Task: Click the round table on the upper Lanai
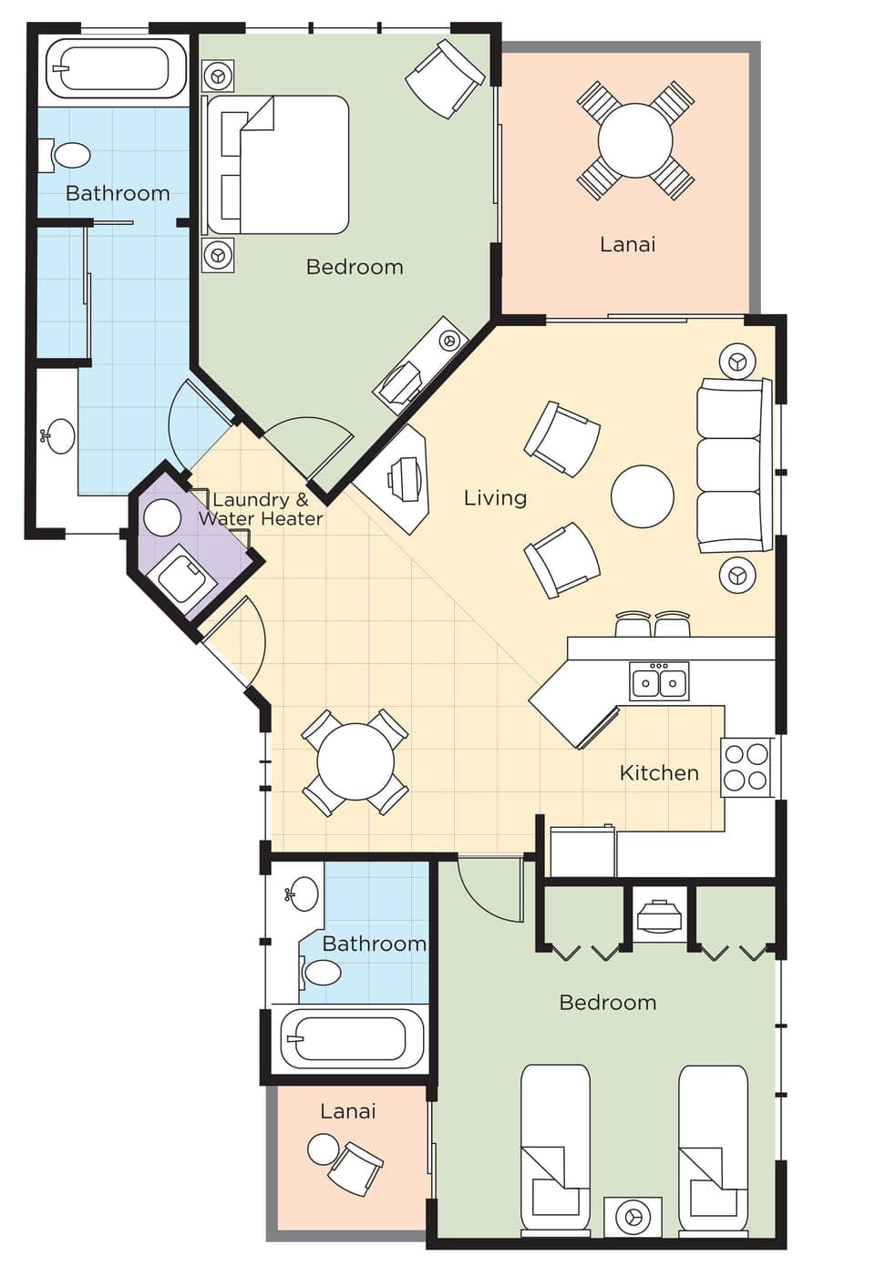coord(635,140)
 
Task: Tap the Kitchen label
coord(659,773)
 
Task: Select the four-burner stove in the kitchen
coord(746,767)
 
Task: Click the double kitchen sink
coord(659,680)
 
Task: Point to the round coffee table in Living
coord(643,496)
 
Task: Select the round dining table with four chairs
coord(355,762)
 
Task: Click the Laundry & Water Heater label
coord(261,509)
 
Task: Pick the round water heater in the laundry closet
coord(162,517)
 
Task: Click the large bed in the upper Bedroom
coord(278,165)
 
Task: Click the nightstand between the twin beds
coord(633,1216)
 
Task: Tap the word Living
coord(495,497)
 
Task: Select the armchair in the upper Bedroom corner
coord(444,77)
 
